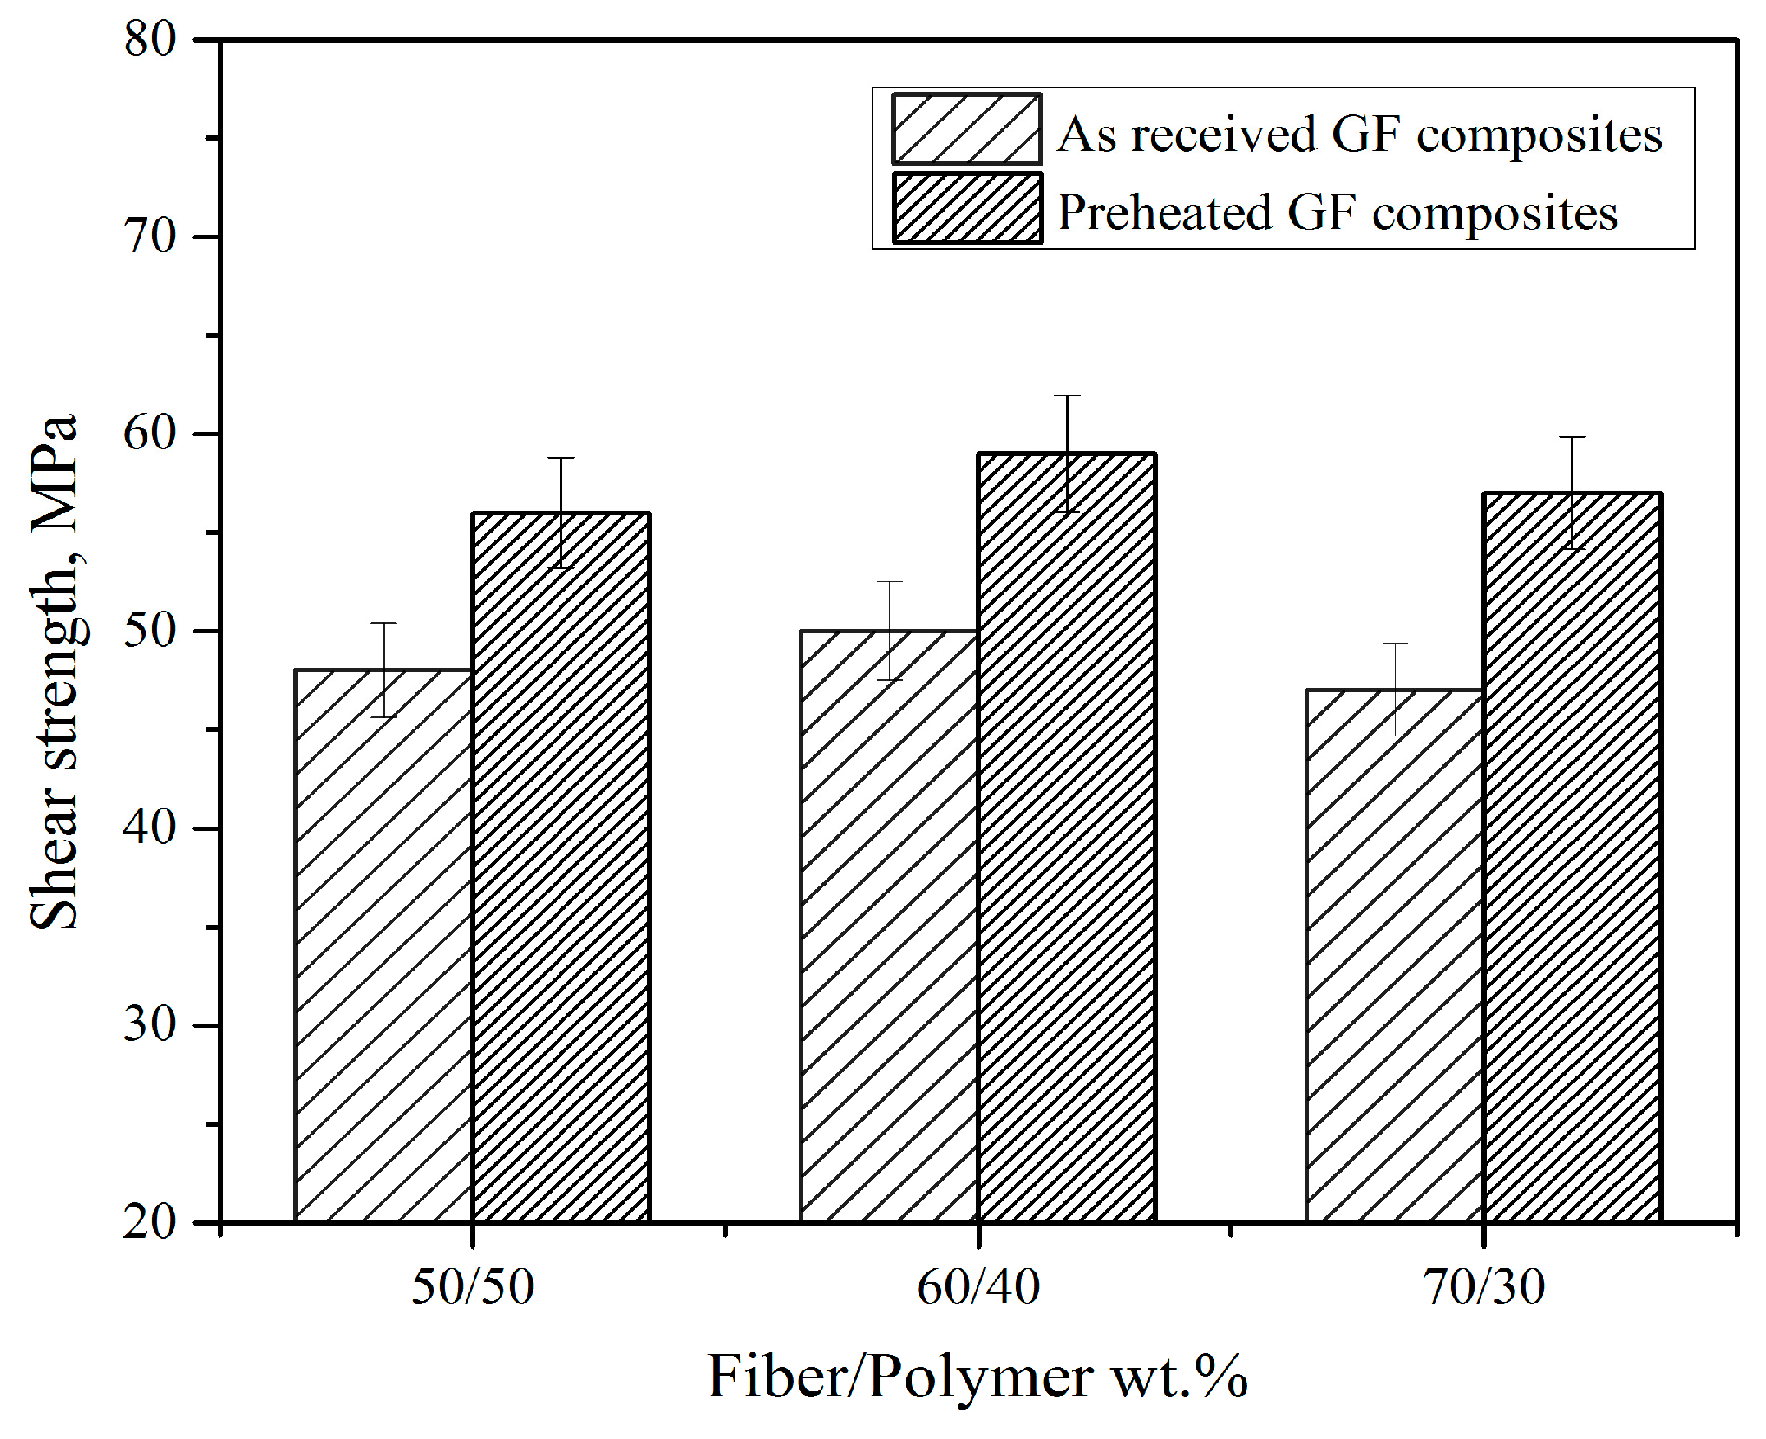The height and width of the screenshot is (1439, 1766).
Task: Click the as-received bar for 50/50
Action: pos(383,945)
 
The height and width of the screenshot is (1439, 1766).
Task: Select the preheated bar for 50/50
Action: pos(561,867)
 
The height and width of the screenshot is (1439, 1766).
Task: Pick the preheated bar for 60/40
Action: pos(1067,837)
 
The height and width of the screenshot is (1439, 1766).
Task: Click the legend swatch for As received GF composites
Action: pos(966,129)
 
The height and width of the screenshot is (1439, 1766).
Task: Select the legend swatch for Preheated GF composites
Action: pos(966,208)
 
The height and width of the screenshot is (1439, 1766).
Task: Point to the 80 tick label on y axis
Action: pos(150,39)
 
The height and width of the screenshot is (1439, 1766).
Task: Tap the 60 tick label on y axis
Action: pos(150,433)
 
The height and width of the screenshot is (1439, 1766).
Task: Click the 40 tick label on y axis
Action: pos(150,827)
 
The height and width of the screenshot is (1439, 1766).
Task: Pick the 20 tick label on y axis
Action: pos(150,1222)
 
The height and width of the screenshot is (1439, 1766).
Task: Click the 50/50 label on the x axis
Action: pos(473,1286)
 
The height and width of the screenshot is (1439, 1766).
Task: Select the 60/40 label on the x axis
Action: pos(978,1286)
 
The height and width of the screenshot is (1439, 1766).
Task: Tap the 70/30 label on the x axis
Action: pos(1484,1286)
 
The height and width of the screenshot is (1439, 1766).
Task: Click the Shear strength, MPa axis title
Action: pos(54,672)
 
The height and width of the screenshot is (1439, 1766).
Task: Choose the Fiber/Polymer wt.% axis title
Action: pos(978,1377)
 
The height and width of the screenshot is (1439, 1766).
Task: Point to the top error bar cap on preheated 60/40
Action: pos(1067,396)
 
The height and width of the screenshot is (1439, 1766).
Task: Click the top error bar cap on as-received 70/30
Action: pos(1395,644)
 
